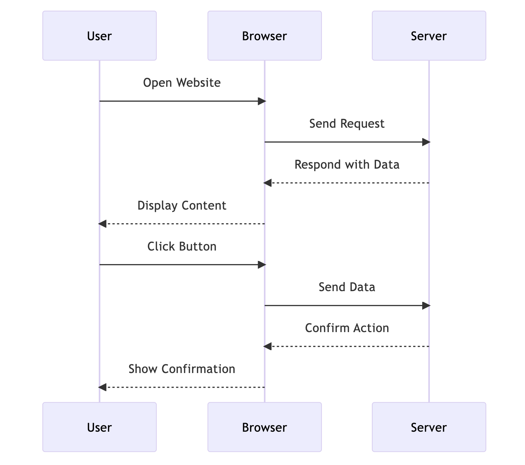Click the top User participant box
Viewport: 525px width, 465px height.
[99, 36]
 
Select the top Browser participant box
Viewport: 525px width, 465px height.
[265, 36]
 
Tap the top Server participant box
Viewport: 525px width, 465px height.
[429, 36]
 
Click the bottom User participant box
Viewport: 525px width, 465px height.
[99, 427]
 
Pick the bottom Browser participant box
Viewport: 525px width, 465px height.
[265, 427]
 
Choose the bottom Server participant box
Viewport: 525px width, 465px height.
[429, 427]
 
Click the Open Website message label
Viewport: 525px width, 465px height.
[182, 83]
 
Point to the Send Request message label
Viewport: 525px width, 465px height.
[347, 124]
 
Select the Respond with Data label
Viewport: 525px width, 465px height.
[347, 164]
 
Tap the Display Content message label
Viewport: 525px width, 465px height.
[182, 205]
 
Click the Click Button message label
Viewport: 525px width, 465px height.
[182, 246]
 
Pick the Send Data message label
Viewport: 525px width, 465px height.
[347, 287]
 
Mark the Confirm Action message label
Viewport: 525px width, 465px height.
[347, 328]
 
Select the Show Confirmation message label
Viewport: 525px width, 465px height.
[182, 369]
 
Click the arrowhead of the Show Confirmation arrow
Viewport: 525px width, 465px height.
[102, 387]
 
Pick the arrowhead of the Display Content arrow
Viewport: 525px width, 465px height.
[102, 224]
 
